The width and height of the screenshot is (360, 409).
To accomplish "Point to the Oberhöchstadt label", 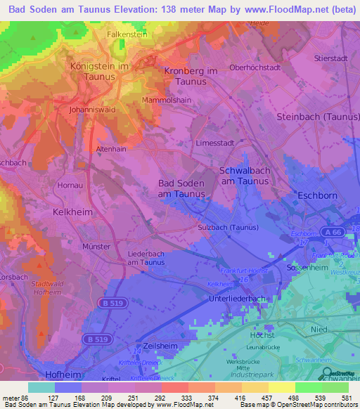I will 255,67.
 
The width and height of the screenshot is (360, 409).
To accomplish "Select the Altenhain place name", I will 111,149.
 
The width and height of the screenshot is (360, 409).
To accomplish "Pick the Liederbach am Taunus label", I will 146,257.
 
